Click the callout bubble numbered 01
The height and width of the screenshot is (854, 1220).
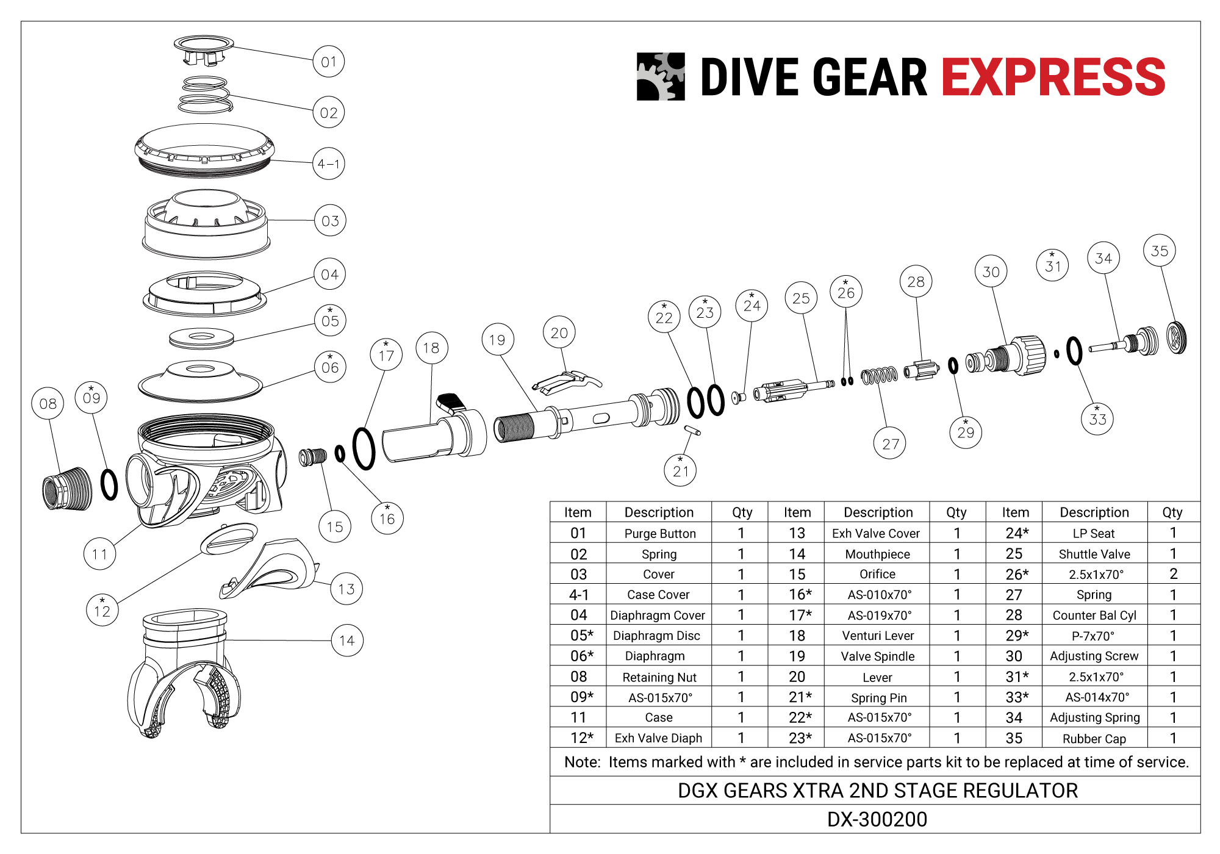click(x=329, y=62)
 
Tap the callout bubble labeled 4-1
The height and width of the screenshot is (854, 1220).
click(x=329, y=163)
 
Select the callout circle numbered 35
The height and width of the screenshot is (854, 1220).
click(x=1159, y=251)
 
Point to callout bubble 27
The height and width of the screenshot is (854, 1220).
click(x=890, y=443)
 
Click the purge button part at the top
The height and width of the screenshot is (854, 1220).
click(x=204, y=49)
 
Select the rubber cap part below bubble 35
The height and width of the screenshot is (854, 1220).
click(x=1177, y=338)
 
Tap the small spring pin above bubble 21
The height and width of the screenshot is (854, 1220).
click(x=692, y=431)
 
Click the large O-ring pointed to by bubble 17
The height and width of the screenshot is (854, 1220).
click(x=364, y=448)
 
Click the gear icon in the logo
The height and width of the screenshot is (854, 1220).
click(x=661, y=76)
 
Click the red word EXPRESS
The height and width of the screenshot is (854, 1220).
click(x=1053, y=77)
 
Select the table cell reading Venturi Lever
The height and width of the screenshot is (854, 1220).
click(x=878, y=636)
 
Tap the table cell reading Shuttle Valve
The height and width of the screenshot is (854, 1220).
click(x=1094, y=554)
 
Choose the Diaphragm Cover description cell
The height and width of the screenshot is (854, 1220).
click(x=658, y=615)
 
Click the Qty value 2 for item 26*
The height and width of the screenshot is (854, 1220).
click(x=1173, y=574)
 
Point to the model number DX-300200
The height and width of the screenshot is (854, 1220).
click(x=877, y=819)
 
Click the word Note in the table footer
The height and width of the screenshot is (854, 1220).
click(x=582, y=762)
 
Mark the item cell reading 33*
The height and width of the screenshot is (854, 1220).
click(x=1016, y=697)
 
